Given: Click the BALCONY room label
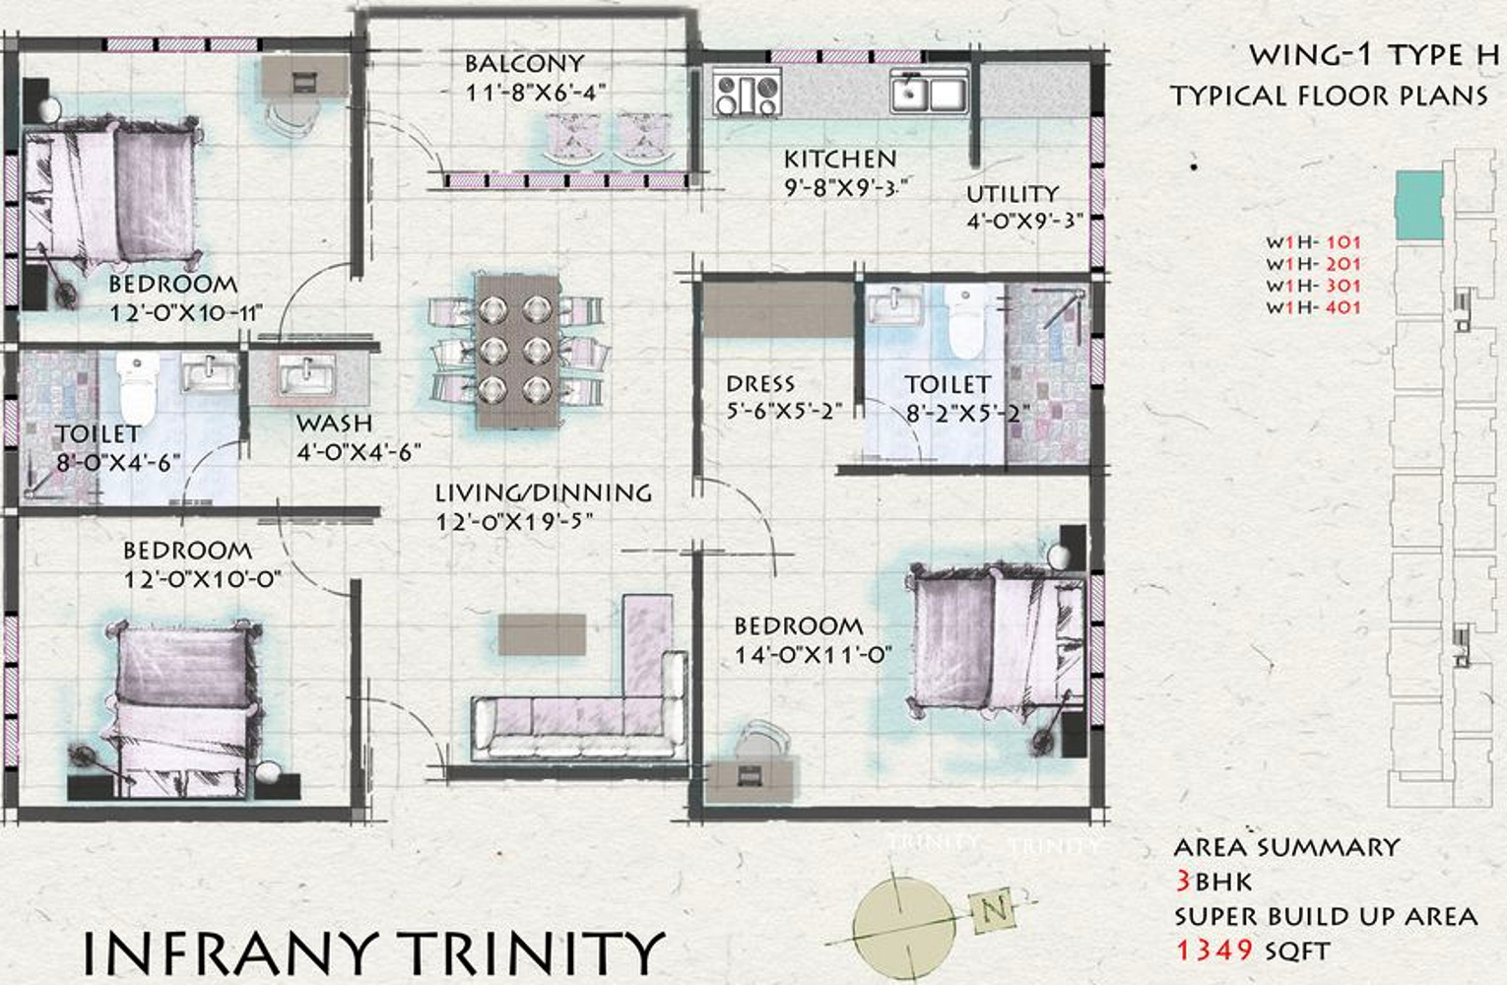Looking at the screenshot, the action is click(x=524, y=64).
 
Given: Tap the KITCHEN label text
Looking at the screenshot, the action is click(x=840, y=160).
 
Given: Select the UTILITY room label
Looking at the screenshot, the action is click(x=1013, y=194).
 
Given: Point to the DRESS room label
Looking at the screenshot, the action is click(x=760, y=384).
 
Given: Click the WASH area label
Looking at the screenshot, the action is click(x=334, y=424).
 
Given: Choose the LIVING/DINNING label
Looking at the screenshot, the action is click(x=544, y=493).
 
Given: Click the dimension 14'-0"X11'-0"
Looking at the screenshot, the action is click(x=814, y=655).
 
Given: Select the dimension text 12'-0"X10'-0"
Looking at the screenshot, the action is click(x=202, y=579).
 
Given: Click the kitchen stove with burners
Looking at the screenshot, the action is click(x=747, y=95).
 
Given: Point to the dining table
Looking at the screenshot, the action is click(x=517, y=350).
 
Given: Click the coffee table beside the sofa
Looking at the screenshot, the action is click(x=542, y=633).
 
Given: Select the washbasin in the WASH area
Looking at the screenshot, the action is click(x=306, y=373).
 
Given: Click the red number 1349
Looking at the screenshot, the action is click(x=1214, y=951).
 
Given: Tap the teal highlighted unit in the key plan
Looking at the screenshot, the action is click(x=1419, y=205).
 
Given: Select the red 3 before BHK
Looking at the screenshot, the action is click(x=1183, y=881).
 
